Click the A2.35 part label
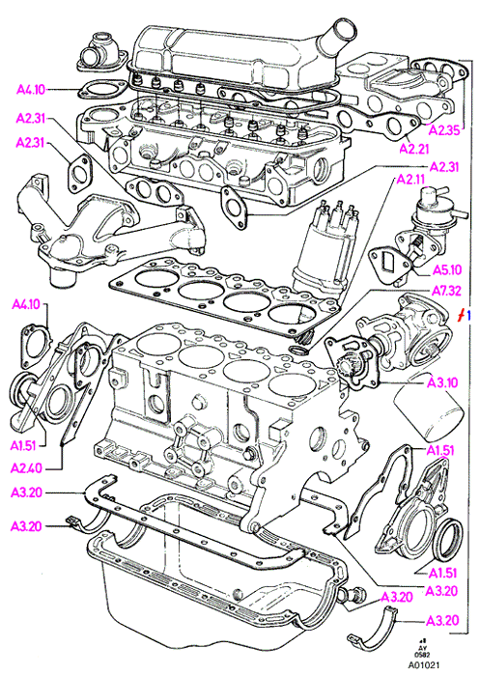coord(445,130)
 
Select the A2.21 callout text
coord(414,149)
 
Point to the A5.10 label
coord(447,270)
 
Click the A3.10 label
coord(442,382)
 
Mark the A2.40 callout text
coord(26,467)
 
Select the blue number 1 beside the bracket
coord(468,315)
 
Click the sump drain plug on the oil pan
coord(354,595)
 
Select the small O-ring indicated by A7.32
coord(298,350)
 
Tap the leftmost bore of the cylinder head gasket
coord(154,277)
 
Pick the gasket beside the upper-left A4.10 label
coord(100,91)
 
